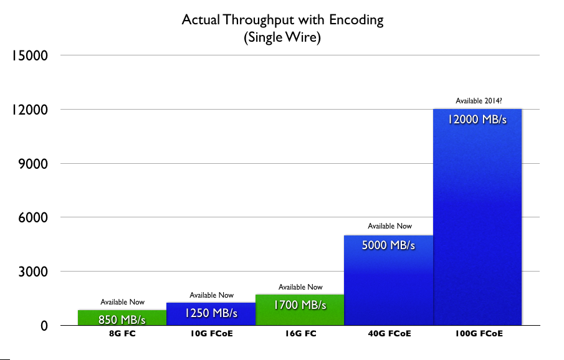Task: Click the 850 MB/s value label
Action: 122,320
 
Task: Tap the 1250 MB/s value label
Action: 211,313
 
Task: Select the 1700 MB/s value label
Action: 300,305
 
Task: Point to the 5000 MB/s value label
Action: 389,245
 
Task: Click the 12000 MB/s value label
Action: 477,119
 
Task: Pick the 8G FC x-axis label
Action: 122,334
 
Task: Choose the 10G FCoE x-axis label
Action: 211,334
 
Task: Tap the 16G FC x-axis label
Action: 300,334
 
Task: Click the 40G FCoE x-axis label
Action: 389,334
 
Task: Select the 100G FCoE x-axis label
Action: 478,334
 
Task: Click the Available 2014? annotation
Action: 478,100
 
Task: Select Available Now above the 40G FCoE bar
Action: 390,226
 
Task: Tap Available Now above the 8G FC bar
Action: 122,302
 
